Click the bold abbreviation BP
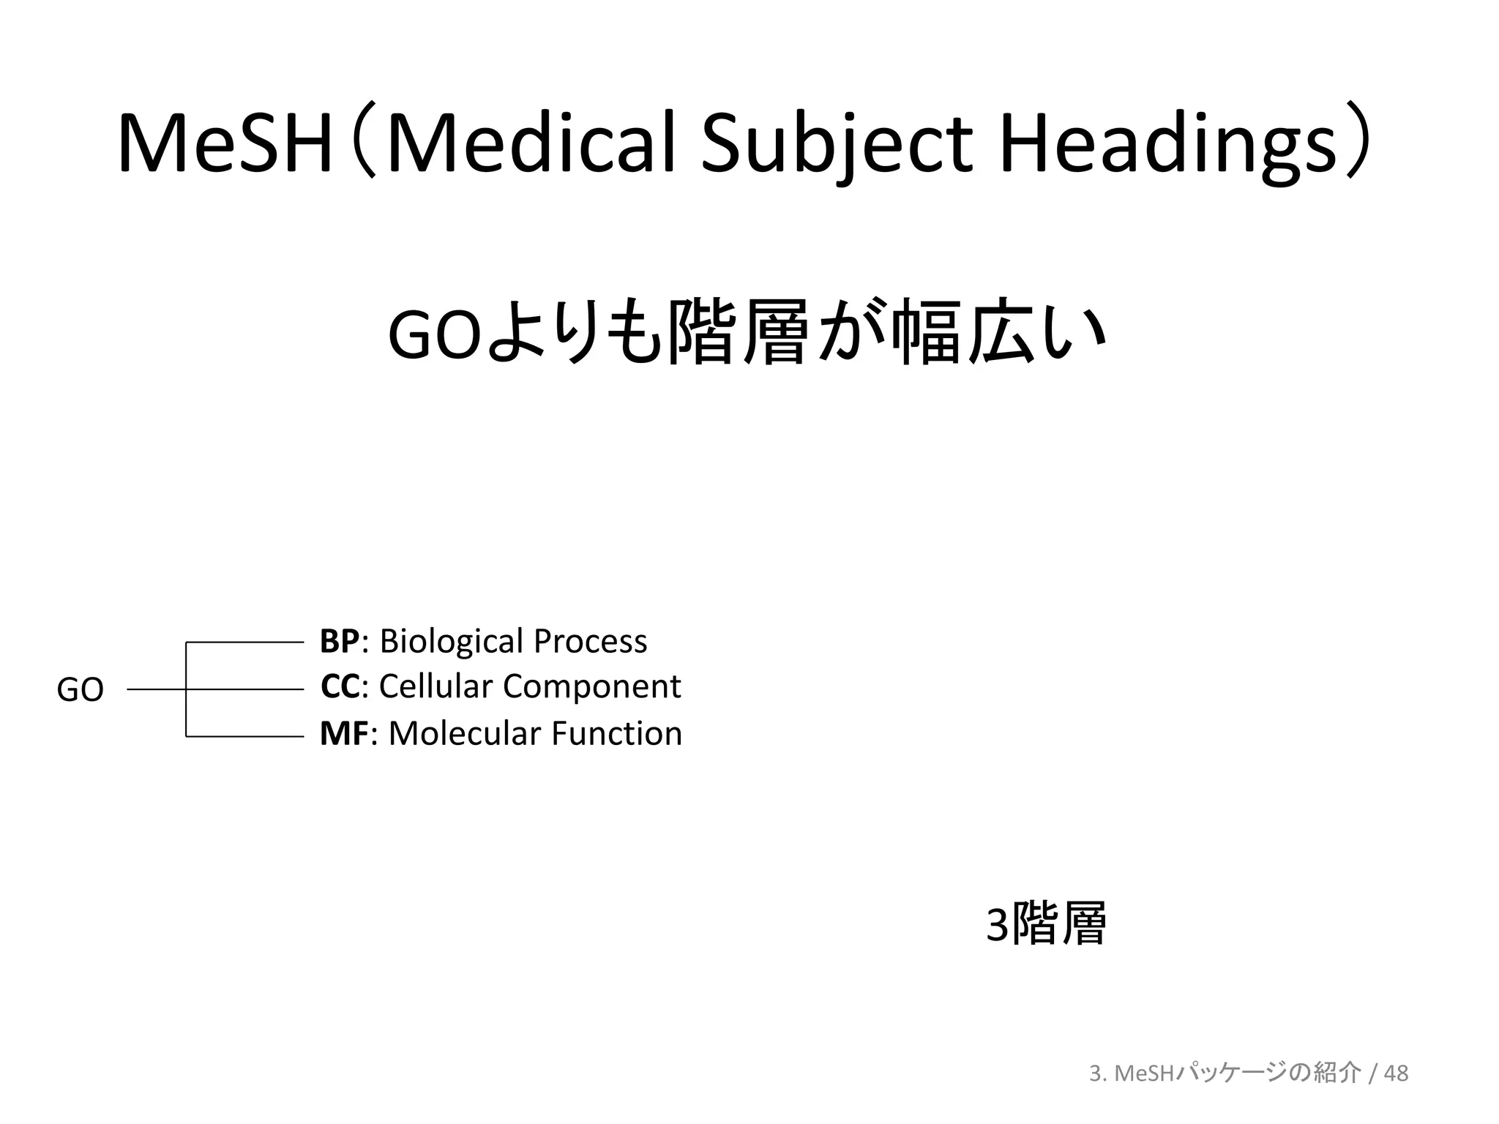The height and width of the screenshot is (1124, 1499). coord(339,641)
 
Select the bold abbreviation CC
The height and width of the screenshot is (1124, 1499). coord(340,686)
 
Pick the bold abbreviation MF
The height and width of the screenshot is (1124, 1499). coord(344,733)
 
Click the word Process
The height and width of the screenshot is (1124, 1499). coord(590,641)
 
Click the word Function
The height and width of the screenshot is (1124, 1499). coord(616,733)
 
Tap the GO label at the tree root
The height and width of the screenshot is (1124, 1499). coord(80,689)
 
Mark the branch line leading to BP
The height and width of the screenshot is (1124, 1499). coord(245,642)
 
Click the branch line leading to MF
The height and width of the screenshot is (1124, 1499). coord(245,736)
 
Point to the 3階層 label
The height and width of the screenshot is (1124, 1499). coord(1046,924)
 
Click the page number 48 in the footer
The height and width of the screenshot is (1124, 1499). coord(1397,1073)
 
